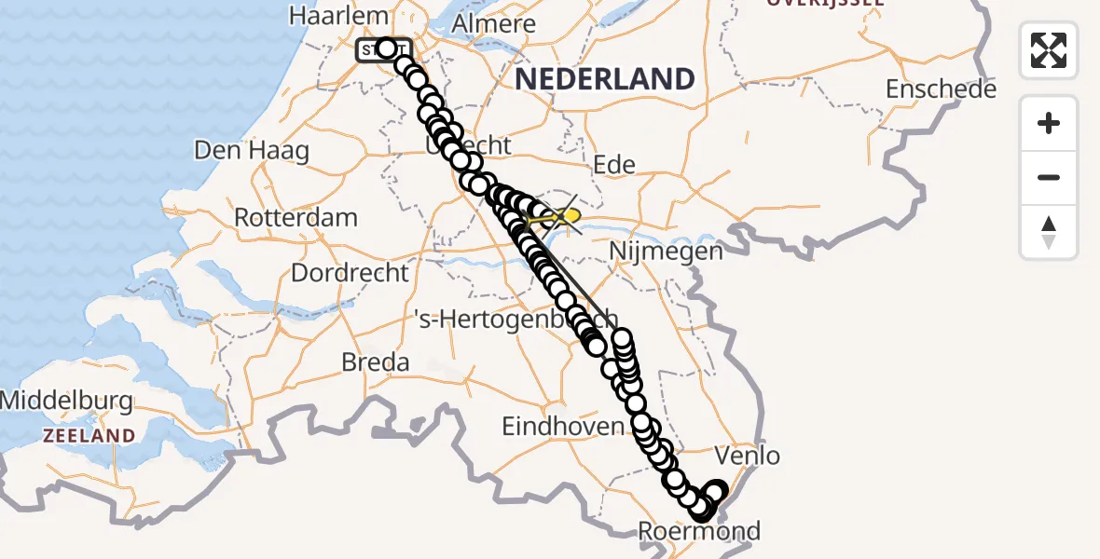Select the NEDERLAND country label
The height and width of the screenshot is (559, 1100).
pyautogui.click(x=605, y=78)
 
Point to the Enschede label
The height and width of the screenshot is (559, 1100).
pyautogui.click(x=941, y=89)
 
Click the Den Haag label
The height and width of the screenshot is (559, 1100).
pyautogui.click(x=251, y=150)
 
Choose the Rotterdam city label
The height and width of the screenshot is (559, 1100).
pyautogui.click(x=296, y=218)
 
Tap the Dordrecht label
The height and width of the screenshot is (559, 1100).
pyautogui.click(x=351, y=273)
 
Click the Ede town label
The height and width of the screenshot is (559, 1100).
pyautogui.click(x=614, y=166)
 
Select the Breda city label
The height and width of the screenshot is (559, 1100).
pyautogui.click(x=376, y=361)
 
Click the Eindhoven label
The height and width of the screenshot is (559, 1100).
pyautogui.click(x=562, y=427)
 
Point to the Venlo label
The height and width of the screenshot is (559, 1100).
pyautogui.click(x=747, y=457)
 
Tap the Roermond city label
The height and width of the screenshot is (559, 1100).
pyautogui.click(x=699, y=532)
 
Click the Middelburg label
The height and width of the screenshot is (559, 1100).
pyautogui.click(x=67, y=402)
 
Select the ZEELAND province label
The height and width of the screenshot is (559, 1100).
pyautogui.click(x=89, y=435)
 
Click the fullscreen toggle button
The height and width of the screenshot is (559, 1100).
pyautogui.click(x=1049, y=50)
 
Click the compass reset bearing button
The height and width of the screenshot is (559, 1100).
pyautogui.click(x=1049, y=232)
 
